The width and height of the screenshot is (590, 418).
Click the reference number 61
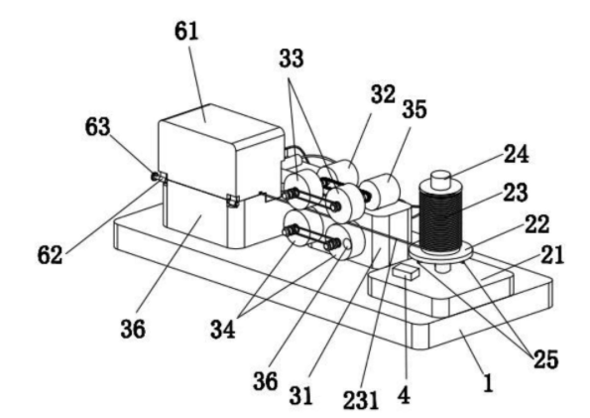point(186,31)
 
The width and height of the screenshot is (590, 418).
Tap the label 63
point(98,127)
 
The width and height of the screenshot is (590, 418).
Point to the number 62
point(50,255)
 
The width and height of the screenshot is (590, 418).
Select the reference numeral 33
point(292,59)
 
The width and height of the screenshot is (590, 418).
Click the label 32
point(383,94)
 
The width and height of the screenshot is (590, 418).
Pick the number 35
point(414,109)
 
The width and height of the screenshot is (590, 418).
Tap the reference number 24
point(517,154)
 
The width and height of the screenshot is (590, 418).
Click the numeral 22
point(536,223)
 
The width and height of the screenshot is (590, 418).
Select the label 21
point(552,255)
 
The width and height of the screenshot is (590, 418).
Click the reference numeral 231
point(361,400)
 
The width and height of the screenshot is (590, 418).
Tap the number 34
point(223,329)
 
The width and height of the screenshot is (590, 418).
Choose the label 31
point(301,396)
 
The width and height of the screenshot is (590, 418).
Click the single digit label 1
point(488,383)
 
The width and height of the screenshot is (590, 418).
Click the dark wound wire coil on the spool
point(440,217)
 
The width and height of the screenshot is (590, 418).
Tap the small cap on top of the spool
point(440,180)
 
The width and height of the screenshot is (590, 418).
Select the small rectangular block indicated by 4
point(406,271)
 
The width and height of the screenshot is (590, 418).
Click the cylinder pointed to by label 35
point(381,191)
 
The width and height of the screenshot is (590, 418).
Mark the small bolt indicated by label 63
point(156,176)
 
